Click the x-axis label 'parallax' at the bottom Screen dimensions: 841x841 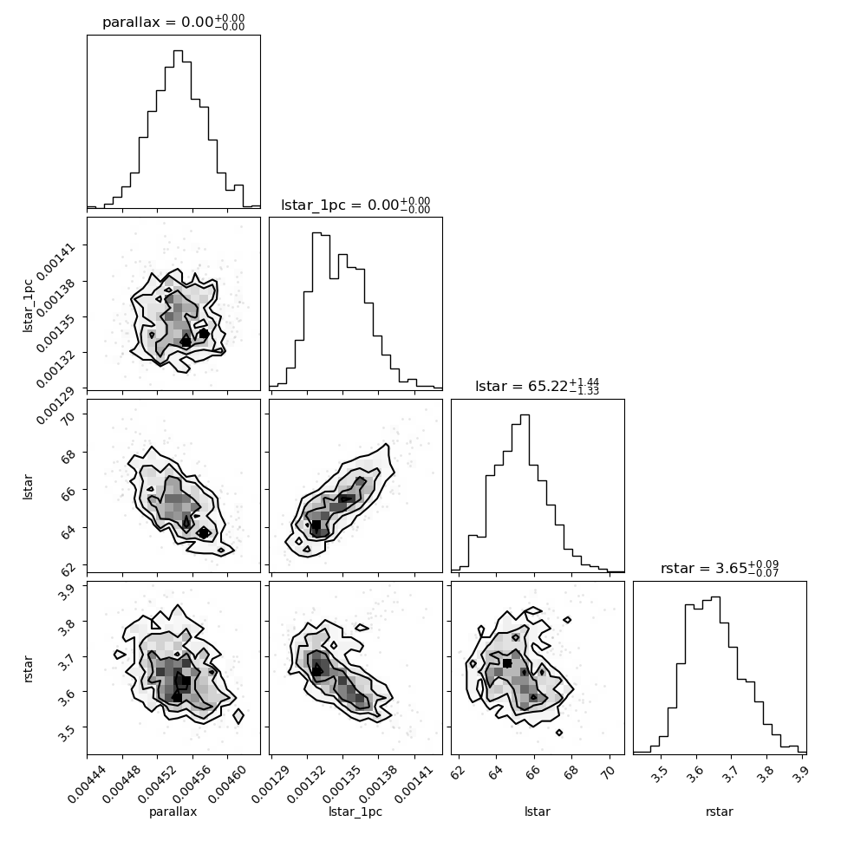pyautogui.click(x=173, y=812)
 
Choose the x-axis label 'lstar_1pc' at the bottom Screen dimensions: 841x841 pyautogui.click(x=355, y=812)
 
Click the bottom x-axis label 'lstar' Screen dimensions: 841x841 pyautogui.click(x=538, y=812)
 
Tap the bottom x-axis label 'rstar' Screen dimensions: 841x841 pyautogui.click(x=720, y=812)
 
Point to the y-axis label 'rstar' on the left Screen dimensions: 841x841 pyautogui.click(x=28, y=668)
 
